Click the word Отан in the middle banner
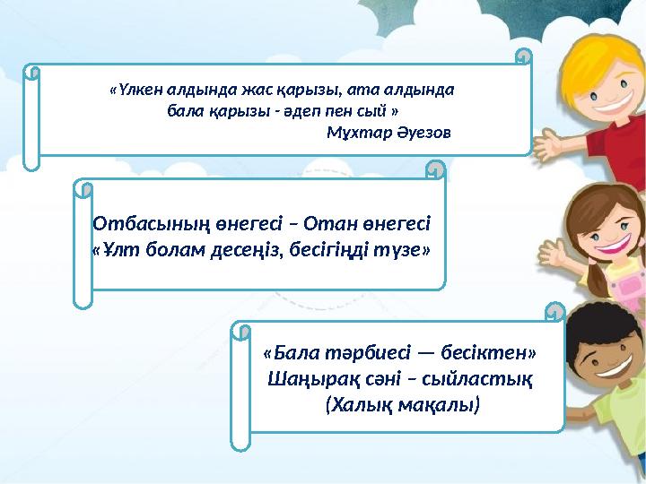pyautogui.click(x=341, y=222)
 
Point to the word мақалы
pyautogui.click(x=438, y=405)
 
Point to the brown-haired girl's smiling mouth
pyautogui.click(x=608, y=243)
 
